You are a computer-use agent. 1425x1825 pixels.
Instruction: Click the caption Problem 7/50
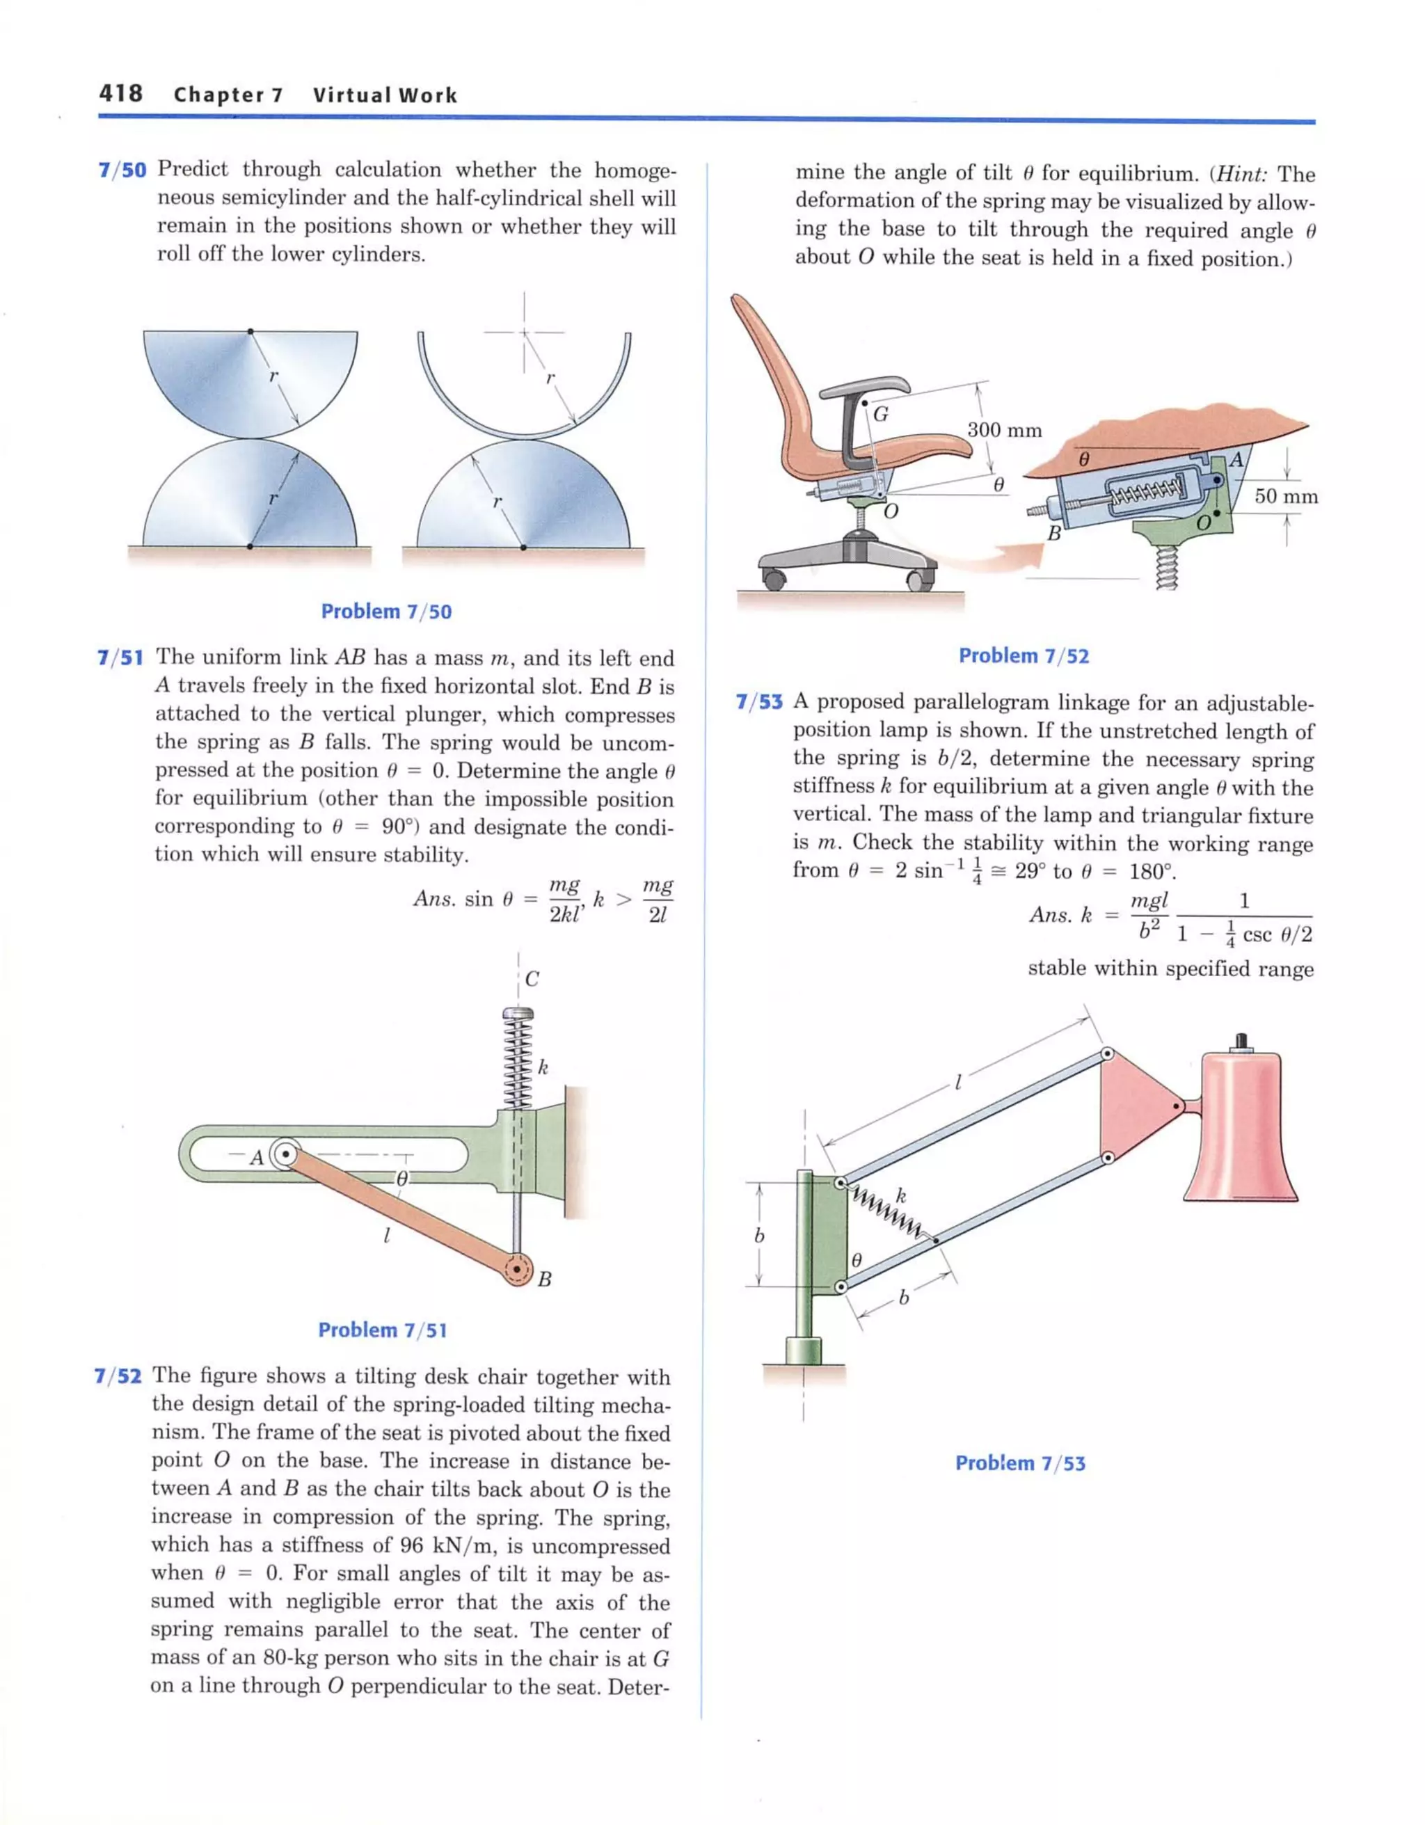click(386, 612)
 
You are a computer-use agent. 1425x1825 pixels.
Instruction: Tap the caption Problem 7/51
click(383, 1330)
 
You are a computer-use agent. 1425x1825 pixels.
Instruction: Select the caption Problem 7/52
click(1024, 656)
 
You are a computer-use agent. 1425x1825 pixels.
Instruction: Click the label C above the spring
click(532, 980)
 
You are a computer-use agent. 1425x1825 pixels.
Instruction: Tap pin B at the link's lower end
click(518, 1271)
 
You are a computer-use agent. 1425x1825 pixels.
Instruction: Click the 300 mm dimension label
click(1005, 431)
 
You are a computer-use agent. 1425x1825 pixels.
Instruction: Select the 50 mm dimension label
click(1285, 496)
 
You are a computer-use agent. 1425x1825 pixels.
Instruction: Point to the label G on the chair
click(881, 413)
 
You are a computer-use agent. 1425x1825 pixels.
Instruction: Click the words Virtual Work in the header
click(385, 95)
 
